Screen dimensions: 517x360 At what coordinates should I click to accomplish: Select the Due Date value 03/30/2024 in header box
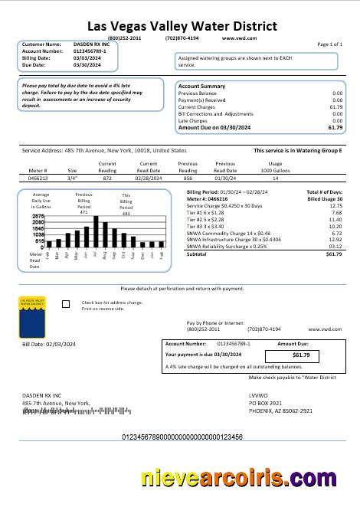[87, 65]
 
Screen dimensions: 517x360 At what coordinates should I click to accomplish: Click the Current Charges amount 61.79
[335, 107]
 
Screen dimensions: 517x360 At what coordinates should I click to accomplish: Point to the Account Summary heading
[201, 87]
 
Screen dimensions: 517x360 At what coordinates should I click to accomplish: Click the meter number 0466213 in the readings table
[38, 177]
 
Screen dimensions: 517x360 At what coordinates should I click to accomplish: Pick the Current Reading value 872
[107, 177]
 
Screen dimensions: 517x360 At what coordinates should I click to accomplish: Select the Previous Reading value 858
[188, 177]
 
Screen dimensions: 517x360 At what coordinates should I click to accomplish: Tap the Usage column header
[275, 163]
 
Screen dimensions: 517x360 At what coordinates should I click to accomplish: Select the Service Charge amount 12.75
[335, 206]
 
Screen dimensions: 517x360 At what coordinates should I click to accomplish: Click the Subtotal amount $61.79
[333, 254]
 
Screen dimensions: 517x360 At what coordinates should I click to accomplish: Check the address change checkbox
[65, 304]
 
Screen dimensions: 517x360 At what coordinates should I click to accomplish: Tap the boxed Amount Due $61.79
[301, 355]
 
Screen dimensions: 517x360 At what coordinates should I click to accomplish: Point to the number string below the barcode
[182, 437]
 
